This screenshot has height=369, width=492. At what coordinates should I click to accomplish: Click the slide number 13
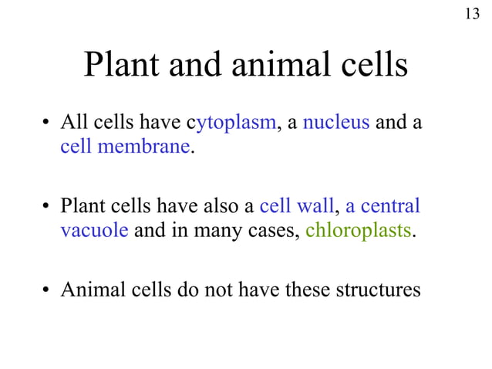pos(472,14)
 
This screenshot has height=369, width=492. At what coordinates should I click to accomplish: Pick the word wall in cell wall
pos(317,207)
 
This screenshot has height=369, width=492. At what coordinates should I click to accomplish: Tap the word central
pos(391,207)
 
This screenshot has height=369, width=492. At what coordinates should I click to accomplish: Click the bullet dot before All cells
pos(48,124)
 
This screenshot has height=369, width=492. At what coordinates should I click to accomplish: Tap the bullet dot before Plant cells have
pos(48,208)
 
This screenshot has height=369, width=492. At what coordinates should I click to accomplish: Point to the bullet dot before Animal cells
pos(48,291)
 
